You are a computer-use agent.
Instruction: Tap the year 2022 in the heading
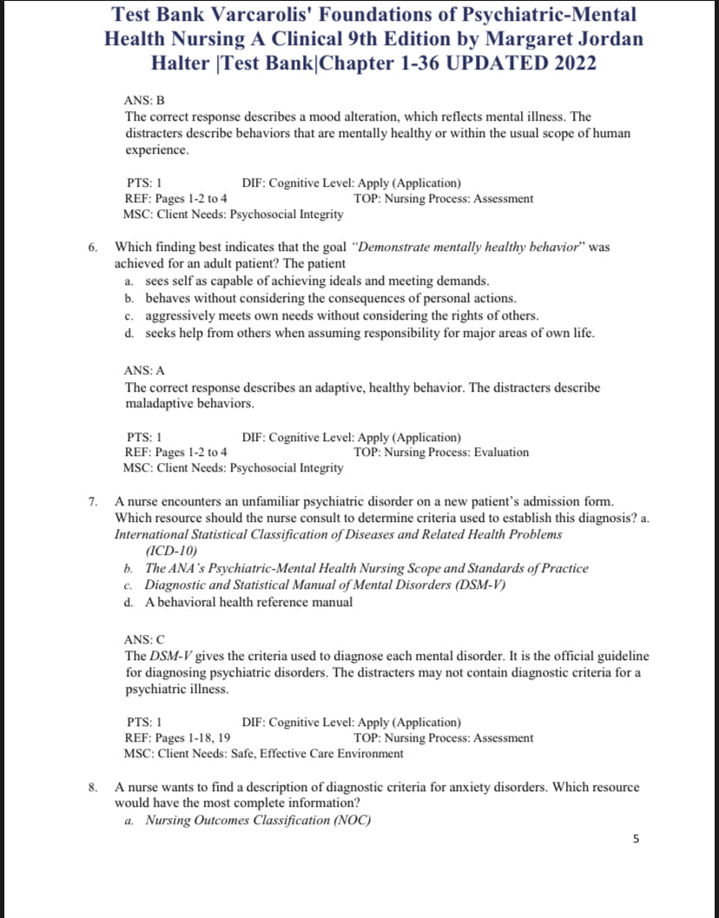(x=564, y=63)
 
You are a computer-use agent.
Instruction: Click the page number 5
(x=637, y=839)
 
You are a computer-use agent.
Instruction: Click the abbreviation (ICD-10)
(x=172, y=551)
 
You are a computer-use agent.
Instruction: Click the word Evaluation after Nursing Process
(x=501, y=452)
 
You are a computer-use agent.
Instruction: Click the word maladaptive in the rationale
(x=159, y=404)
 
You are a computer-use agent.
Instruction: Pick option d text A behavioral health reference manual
(x=248, y=602)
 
